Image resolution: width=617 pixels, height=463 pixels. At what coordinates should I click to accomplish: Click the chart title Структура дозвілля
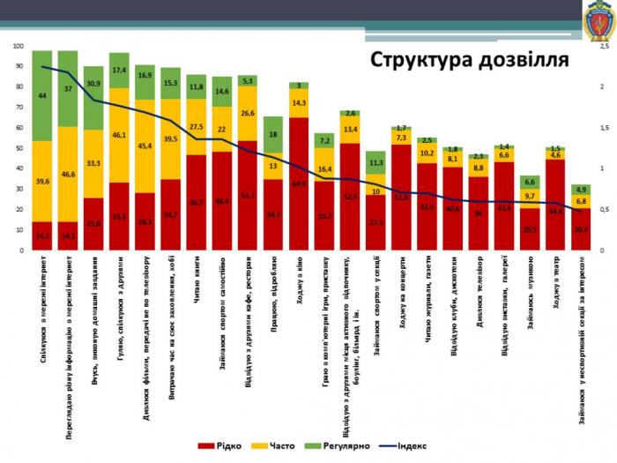tap(469, 60)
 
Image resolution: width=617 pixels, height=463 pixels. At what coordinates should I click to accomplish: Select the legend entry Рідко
tap(227, 446)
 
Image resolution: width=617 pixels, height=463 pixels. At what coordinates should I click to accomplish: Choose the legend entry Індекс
tap(406, 446)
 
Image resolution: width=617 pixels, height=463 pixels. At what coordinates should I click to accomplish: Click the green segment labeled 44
tap(41, 94)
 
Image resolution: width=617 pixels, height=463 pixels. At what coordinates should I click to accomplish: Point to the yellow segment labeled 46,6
tap(67, 175)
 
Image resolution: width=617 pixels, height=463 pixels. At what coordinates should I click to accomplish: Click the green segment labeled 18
tap(272, 135)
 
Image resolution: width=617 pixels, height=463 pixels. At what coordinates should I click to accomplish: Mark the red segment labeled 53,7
tap(247, 195)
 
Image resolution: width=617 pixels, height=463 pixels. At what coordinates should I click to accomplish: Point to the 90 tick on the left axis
tap(20, 66)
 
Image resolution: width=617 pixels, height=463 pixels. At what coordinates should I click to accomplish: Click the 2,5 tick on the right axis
tap(604, 46)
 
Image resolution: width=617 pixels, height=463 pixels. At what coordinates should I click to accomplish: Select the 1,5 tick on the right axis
tap(604, 128)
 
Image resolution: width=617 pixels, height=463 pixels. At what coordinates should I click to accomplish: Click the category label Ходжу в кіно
tap(298, 282)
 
